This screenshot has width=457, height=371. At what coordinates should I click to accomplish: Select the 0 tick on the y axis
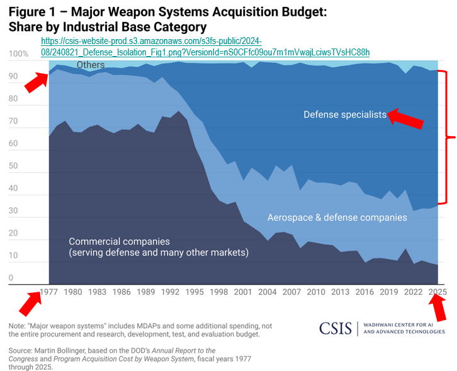coord(11,278)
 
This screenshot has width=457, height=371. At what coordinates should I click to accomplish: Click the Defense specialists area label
coord(345,114)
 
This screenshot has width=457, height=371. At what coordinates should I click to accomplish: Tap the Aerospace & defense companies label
coord(337,217)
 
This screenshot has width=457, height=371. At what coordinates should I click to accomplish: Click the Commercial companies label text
coord(119,241)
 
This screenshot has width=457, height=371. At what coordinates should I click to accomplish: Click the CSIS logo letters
coord(336,328)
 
